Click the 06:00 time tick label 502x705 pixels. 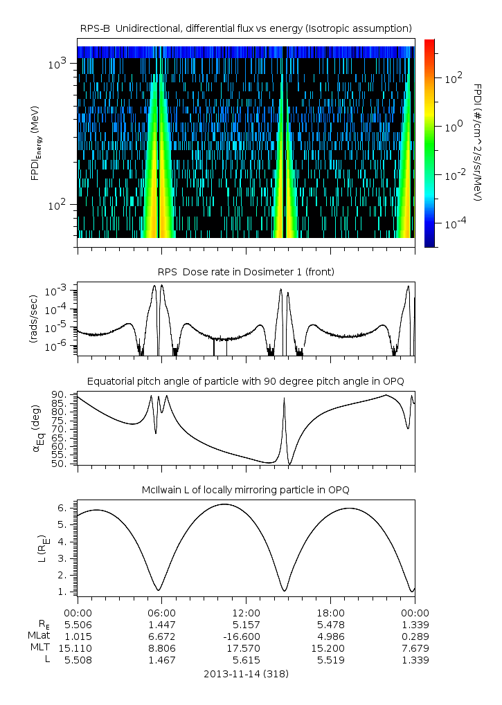click(161, 612)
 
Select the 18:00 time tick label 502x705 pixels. click(330, 612)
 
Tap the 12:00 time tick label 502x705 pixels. click(246, 612)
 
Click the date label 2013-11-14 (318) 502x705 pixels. click(246, 673)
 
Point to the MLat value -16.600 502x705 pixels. click(246, 636)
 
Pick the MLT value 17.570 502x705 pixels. click(246, 648)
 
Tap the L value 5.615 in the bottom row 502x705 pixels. click(246, 660)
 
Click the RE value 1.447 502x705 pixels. click(161, 624)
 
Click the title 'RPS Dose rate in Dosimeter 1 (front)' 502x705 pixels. click(246, 272)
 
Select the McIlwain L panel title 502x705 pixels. click(246, 490)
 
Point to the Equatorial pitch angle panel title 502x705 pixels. click(246, 381)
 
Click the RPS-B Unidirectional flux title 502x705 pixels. click(246, 28)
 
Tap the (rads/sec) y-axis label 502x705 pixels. click(33, 319)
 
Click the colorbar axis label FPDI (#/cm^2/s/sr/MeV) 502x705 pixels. click(477, 143)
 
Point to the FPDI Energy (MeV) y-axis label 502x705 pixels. click(35, 148)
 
